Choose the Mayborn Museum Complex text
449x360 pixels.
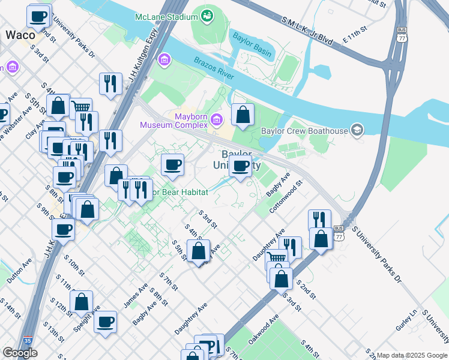tap(173, 121)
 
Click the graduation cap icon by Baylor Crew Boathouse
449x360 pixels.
tap(358, 130)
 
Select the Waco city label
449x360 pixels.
tap(20, 35)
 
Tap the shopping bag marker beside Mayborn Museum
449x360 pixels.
tap(242, 115)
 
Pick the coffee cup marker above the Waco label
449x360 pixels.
tap(39, 16)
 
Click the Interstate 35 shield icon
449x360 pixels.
tap(26, 342)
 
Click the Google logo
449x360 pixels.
tap(20, 353)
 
